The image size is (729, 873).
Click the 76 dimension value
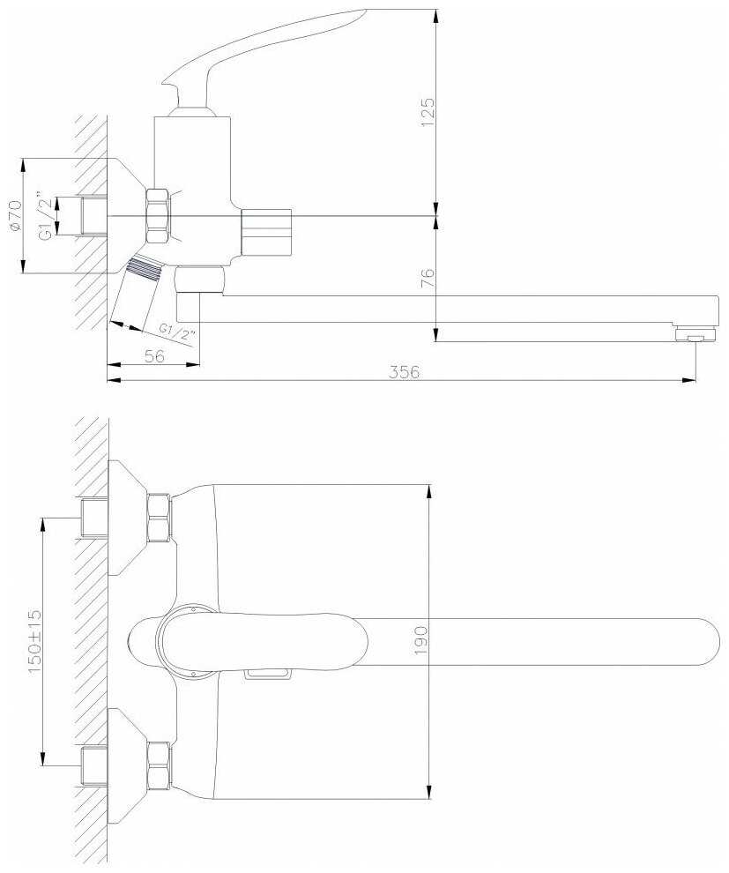tap(428, 278)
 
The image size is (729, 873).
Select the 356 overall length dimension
tap(405, 371)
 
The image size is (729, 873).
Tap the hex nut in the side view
tap(159, 216)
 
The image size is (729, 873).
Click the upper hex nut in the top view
tap(159, 517)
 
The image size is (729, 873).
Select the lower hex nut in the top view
tap(159, 765)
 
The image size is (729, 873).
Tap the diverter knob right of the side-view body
tap(265, 232)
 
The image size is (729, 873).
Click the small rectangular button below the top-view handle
tap(266, 675)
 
